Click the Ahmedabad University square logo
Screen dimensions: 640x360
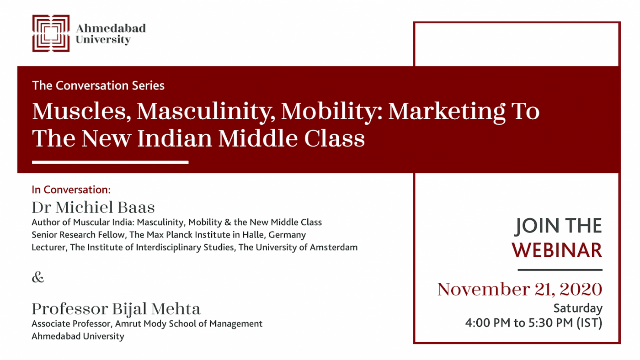coord(51,33)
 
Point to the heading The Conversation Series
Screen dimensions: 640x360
coord(98,85)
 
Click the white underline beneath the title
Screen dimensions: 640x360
coord(110,162)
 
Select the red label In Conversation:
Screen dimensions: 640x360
coord(71,190)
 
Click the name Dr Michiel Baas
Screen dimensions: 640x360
coord(93,207)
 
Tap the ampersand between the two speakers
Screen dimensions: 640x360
coord(38,277)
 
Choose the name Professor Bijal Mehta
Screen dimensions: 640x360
coord(116,309)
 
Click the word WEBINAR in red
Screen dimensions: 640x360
coord(557,250)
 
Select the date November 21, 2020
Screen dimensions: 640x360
coord(520,289)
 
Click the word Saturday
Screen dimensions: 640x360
coord(578,308)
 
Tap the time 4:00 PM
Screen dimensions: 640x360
coord(488,323)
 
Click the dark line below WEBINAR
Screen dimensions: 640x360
coord(560,270)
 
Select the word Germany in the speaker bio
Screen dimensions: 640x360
coord(287,235)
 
